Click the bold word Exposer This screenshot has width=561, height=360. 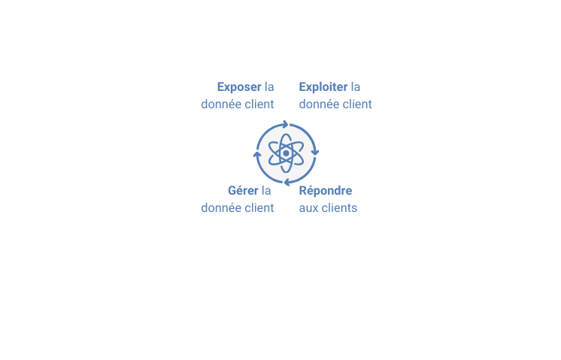point(239,87)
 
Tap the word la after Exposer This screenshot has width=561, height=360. point(269,87)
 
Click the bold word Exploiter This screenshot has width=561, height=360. point(323,87)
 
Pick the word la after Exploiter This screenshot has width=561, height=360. point(356,87)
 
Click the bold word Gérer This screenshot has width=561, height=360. point(243,191)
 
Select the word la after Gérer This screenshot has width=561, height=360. point(266,191)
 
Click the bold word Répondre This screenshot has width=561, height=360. point(326,191)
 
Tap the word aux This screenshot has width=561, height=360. point(308,208)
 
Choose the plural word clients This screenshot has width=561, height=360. point(338,207)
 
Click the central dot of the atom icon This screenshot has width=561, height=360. point(286,153)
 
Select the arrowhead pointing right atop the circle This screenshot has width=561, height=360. point(286,125)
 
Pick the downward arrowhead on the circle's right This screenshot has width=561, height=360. point(315,153)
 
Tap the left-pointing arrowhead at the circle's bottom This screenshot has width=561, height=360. point(287,183)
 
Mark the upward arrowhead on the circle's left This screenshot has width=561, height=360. point(257,154)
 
